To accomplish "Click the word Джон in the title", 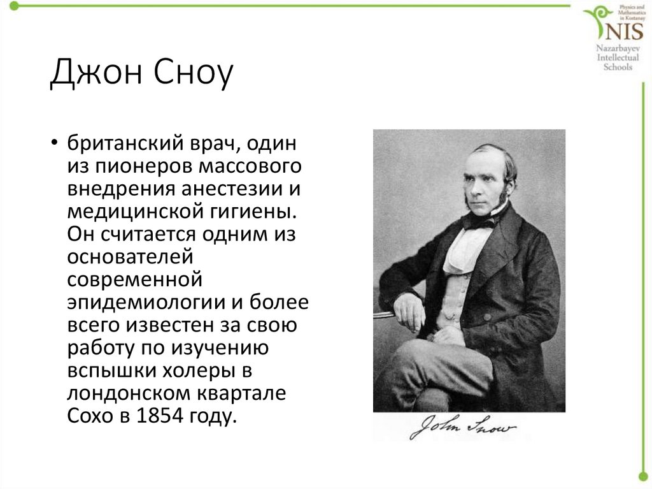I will (95, 74).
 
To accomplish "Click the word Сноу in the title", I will (192, 74).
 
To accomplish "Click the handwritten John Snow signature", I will (462, 427).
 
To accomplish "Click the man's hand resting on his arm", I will (407, 312).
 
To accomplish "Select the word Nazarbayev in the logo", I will (614, 48).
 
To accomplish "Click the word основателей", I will (129, 256).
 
